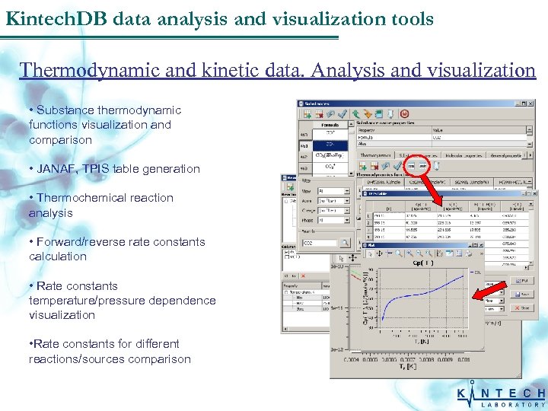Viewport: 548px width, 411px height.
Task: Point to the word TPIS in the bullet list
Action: click(94, 169)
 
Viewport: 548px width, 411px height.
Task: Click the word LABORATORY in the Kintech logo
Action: click(514, 404)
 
